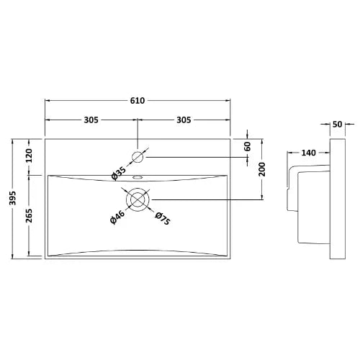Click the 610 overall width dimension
point(139,100)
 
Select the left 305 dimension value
point(89,120)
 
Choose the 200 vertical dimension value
point(263,170)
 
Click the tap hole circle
point(139,156)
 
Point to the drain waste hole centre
point(138,199)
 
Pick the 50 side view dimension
point(338,125)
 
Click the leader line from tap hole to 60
point(194,156)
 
